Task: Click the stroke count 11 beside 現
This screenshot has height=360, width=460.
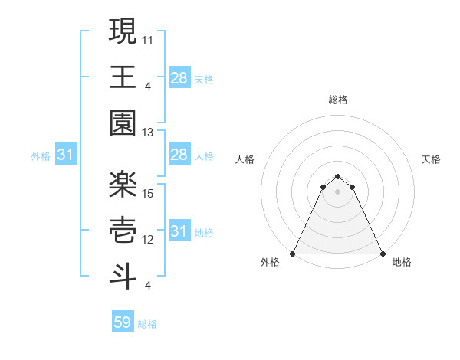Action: [148, 38]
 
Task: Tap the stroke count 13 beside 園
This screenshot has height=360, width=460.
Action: [148, 133]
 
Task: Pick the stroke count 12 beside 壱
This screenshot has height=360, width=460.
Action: [148, 239]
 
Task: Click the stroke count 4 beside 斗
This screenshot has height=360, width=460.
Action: [148, 286]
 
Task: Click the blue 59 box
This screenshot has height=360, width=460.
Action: [122, 322]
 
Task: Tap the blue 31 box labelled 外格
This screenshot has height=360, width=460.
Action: [65, 155]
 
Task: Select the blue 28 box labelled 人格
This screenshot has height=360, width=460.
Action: [179, 155]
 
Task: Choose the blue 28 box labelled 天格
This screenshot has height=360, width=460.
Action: [179, 77]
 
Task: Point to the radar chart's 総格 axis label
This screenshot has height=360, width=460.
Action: [337, 100]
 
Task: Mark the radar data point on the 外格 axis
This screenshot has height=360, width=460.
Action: [293, 254]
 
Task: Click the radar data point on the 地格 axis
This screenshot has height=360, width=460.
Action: [382, 254]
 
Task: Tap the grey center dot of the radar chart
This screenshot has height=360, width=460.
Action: [337, 191]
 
